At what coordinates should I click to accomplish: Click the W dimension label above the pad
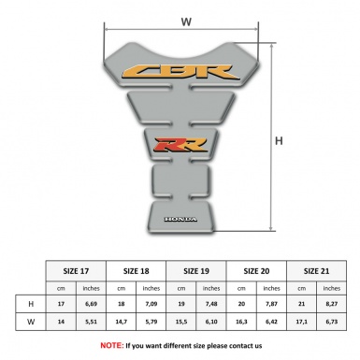pos(186,20)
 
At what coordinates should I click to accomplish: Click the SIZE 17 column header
pos(77,271)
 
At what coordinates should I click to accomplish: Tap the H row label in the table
pos(31,305)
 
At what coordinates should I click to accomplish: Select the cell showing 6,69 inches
pos(92,305)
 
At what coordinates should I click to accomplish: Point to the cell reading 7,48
pos(213,305)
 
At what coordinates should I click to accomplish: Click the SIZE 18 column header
pos(137,271)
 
